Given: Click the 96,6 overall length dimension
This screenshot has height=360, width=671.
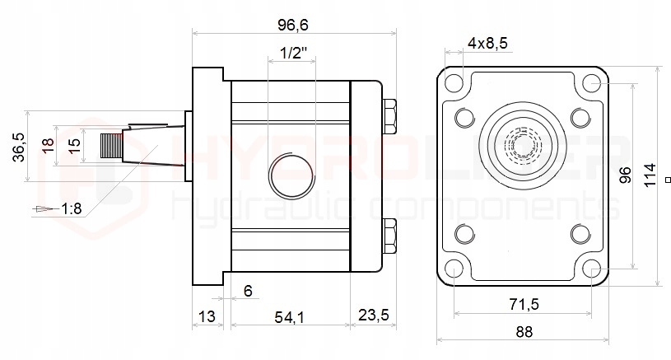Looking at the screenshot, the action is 293,25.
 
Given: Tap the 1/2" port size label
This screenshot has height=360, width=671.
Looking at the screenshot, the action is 294,53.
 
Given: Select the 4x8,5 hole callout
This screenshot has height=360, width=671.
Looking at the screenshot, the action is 487,43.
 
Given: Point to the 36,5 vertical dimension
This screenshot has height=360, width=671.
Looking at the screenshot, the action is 19,147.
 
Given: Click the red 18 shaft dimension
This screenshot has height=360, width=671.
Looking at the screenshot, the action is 48,145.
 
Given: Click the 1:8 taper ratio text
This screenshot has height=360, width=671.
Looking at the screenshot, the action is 71,208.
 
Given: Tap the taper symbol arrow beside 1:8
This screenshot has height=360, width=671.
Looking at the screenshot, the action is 46,209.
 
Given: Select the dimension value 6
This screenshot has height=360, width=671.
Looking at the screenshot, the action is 248,291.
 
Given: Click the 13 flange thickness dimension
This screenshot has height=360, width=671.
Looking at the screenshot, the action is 207,317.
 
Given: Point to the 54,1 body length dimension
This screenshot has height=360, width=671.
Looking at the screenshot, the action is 289,317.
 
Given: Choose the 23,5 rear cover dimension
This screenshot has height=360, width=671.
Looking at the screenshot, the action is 374,315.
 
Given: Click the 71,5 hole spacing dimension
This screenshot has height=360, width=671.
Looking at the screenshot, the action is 524,304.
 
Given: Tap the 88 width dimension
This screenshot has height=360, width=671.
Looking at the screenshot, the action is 524,332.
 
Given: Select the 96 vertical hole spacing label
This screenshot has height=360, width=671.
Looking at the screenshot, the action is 625,175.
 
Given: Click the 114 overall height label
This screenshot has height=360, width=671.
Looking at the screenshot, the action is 650,175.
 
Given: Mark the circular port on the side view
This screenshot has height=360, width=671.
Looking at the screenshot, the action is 291,175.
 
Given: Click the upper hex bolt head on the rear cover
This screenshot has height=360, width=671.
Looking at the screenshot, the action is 389,116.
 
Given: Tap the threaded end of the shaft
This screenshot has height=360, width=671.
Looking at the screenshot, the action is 112,146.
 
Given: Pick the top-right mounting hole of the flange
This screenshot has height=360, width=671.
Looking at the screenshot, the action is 592,83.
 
